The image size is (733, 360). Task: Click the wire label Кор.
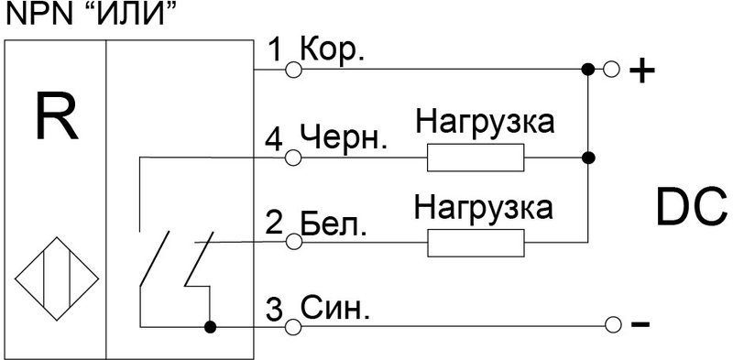click(x=335, y=50)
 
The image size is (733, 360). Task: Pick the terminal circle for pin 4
click(x=294, y=158)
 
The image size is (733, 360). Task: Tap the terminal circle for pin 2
click(x=294, y=241)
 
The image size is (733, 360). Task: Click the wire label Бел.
click(x=335, y=224)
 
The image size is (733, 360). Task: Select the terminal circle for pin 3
click(x=294, y=326)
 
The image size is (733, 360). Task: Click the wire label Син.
click(x=335, y=309)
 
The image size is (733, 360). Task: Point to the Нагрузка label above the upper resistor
click(x=485, y=122)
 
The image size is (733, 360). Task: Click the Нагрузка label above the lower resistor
click(x=485, y=206)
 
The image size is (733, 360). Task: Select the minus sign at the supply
click(x=641, y=325)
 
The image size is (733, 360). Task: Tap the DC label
click(x=690, y=208)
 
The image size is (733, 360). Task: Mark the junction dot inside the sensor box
click(x=210, y=326)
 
